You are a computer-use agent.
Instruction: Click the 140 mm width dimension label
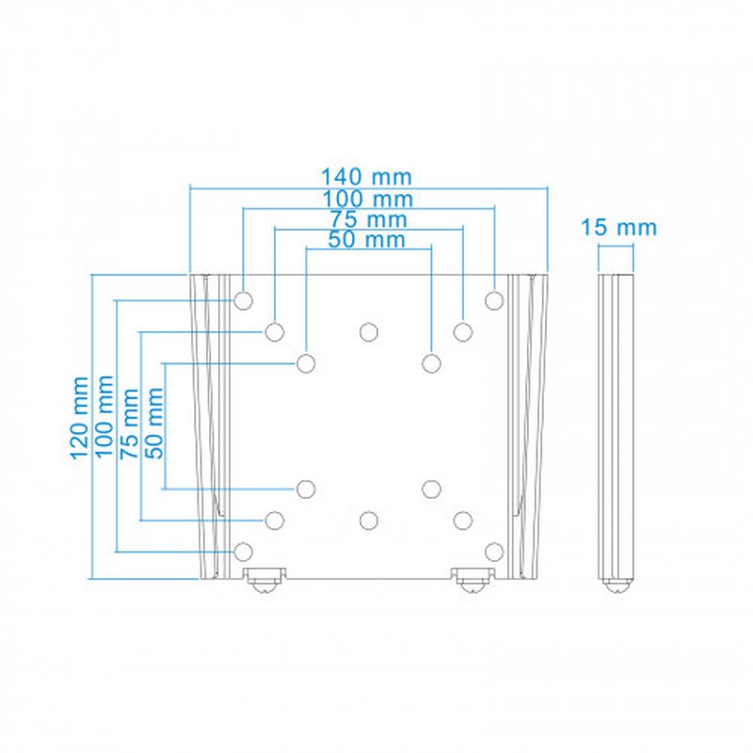pos(367,177)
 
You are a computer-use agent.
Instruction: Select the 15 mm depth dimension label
pos(618,227)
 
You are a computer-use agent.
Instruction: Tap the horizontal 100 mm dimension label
pos(367,199)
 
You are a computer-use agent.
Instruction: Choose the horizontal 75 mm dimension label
pos(367,219)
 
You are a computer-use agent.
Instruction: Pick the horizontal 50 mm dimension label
pos(367,240)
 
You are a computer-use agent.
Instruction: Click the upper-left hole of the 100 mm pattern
pos(243,300)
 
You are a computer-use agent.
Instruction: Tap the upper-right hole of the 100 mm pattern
pos(494,300)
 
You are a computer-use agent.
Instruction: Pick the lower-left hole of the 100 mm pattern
pos(243,551)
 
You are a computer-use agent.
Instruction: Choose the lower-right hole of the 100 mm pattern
pos(494,551)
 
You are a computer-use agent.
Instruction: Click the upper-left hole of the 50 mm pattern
pos(306,363)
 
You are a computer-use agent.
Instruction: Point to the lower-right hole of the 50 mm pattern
pos(431,488)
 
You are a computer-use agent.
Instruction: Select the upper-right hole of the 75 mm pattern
pos(462,331)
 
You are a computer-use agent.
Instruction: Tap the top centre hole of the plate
pos(368,331)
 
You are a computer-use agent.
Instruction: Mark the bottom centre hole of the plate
pos(368,520)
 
